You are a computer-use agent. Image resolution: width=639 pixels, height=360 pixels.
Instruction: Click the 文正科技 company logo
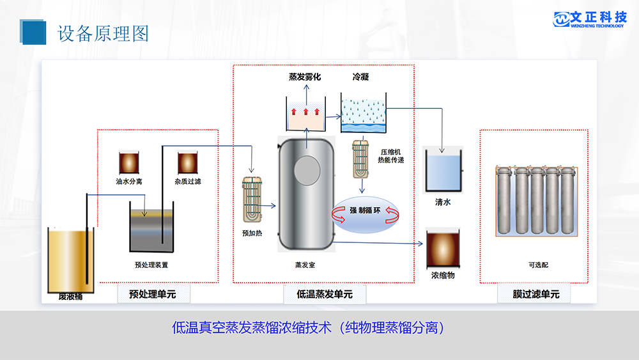pos(589,19)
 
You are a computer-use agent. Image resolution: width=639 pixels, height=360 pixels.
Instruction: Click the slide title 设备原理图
pos(103,33)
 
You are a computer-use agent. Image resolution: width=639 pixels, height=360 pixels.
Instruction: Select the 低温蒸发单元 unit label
pos(325,294)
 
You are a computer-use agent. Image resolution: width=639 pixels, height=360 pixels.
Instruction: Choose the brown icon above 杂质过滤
pos(188,162)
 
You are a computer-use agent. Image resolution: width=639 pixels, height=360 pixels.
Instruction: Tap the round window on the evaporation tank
pos(307,169)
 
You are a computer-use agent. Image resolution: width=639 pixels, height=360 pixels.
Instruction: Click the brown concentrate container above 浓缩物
pos(443,250)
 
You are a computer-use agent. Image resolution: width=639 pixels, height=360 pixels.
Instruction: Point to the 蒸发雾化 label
pos(304,77)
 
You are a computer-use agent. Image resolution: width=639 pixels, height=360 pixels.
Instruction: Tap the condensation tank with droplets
pos(363,113)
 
